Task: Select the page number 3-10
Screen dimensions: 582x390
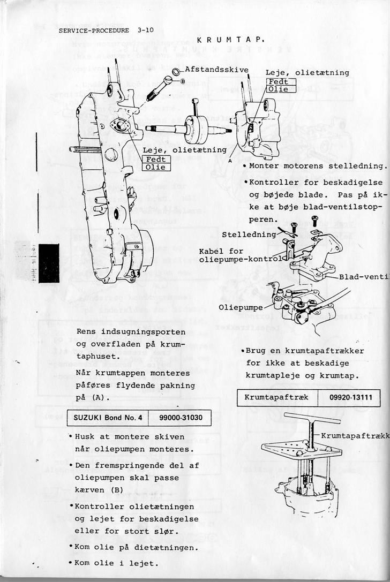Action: pyautogui.click(x=145, y=31)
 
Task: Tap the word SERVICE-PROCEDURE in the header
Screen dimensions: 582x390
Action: pyautogui.click(x=94, y=31)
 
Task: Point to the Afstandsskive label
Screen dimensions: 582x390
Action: pyautogui.click(x=216, y=70)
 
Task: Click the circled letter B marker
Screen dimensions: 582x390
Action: pyautogui.click(x=183, y=81)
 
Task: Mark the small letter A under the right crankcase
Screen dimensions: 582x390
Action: pyautogui.click(x=229, y=161)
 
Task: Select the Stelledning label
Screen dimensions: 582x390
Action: pyautogui.click(x=249, y=234)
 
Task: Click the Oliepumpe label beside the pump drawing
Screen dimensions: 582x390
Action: pyautogui.click(x=241, y=307)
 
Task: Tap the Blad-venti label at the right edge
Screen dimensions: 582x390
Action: pyautogui.click(x=364, y=277)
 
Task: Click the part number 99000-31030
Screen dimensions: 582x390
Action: pyautogui.click(x=181, y=417)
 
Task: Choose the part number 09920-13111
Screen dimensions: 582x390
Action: pyautogui.click(x=348, y=397)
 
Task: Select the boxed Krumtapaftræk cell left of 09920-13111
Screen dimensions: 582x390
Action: pyautogui.click(x=277, y=397)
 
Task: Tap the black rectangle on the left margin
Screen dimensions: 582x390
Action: pyautogui.click(x=49, y=263)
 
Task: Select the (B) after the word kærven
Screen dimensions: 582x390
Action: pyautogui.click(x=117, y=490)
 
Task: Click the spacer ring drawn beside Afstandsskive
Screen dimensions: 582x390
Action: pyautogui.click(x=176, y=72)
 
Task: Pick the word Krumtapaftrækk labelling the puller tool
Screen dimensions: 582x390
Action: pyautogui.click(x=355, y=436)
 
